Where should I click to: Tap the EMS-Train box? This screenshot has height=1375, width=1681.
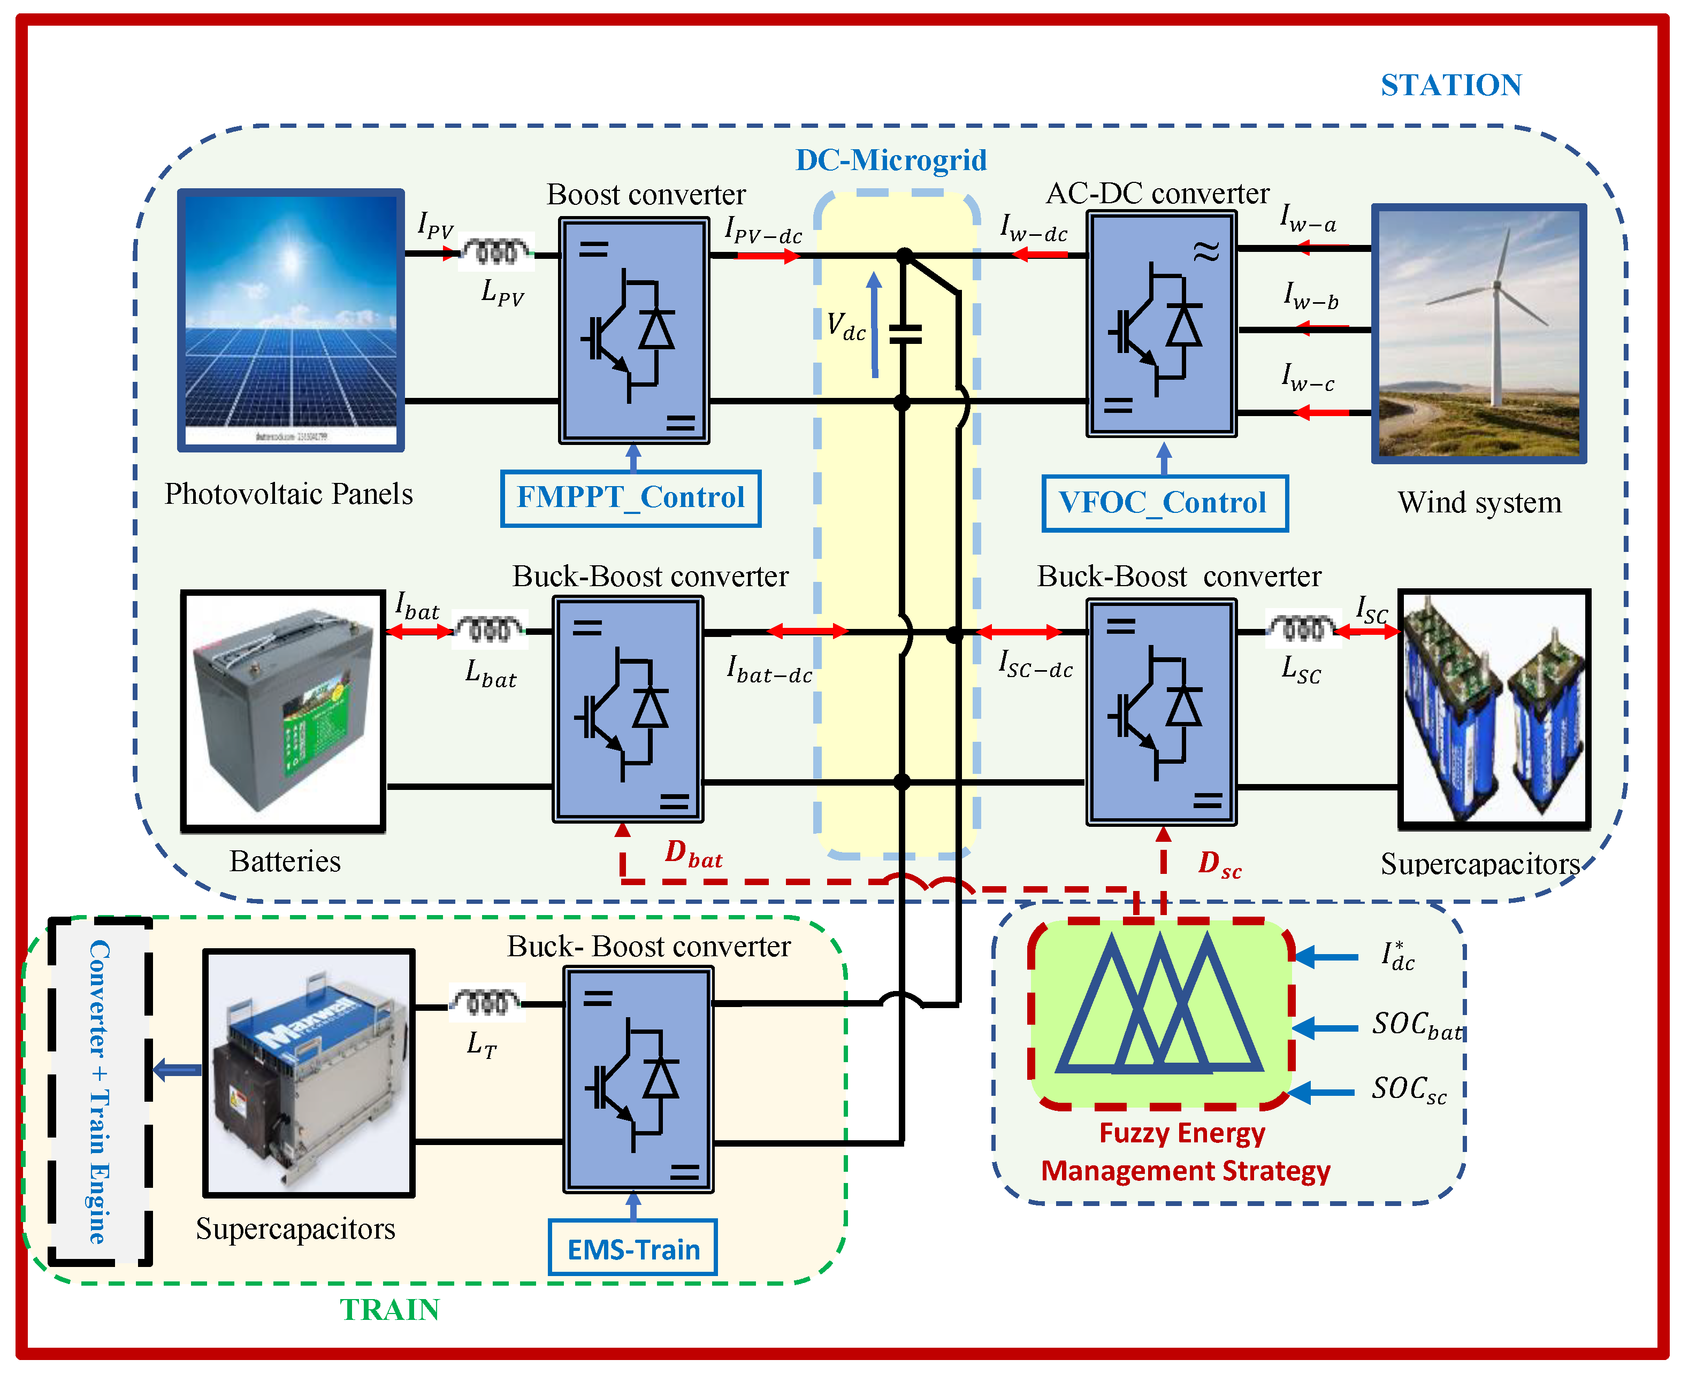[x=633, y=1248]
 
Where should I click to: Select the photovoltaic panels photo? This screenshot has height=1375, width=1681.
[x=291, y=320]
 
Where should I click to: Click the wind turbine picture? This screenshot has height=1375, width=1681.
[x=1478, y=333]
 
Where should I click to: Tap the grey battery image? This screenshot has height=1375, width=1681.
[x=283, y=710]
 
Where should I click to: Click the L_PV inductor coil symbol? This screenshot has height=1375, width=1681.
[x=496, y=252]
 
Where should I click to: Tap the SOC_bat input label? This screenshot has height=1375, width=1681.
[x=1416, y=1026]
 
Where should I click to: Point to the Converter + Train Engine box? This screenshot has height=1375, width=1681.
[x=100, y=1092]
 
